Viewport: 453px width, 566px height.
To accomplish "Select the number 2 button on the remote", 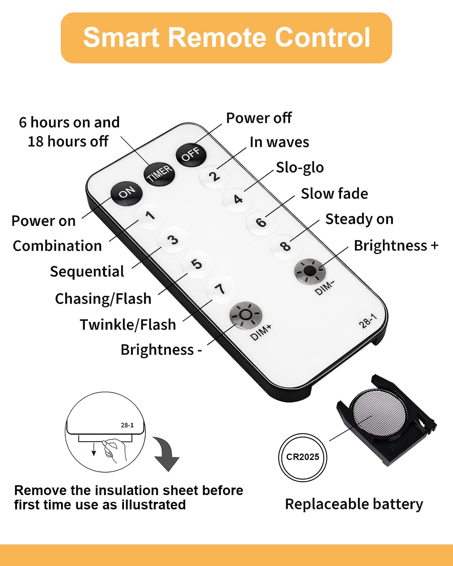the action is coord(215,176).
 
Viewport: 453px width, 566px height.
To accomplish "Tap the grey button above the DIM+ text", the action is coord(246,315).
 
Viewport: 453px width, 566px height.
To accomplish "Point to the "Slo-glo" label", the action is coord(300,168).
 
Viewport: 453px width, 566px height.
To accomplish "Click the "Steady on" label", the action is coord(359,219).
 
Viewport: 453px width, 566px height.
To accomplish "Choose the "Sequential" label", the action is coord(87,271).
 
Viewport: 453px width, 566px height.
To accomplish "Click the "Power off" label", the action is coord(259,118).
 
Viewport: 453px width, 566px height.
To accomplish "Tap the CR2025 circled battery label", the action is coord(303,457).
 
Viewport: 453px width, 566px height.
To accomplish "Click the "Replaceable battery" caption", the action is coord(354,504).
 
